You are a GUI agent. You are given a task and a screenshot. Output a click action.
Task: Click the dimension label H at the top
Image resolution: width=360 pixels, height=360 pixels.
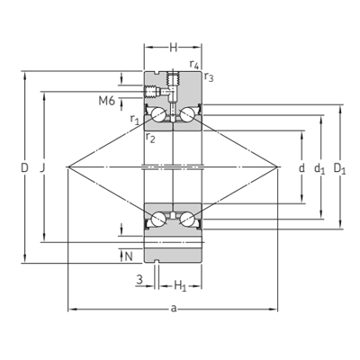(x=174, y=48)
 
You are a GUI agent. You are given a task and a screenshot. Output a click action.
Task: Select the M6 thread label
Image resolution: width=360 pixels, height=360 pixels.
(x=107, y=101)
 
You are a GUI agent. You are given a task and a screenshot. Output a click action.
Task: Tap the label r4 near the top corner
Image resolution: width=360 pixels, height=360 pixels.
(x=194, y=64)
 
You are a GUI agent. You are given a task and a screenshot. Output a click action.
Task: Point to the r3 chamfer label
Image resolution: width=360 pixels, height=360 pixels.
(x=209, y=77)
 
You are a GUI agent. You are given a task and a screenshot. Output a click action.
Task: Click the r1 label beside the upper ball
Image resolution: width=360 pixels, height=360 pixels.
(x=135, y=120)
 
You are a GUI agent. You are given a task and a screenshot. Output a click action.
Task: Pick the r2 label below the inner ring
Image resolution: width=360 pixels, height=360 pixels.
(x=150, y=138)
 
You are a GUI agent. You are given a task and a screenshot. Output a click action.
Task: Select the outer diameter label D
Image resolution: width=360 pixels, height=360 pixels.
(x=24, y=167)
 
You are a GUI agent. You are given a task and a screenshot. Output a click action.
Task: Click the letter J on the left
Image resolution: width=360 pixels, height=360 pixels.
(x=42, y=167)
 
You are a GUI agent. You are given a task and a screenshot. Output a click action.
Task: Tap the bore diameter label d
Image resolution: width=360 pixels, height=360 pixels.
(x=301, y=167)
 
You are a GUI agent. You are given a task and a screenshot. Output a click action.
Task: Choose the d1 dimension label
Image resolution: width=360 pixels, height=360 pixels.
(x=319, y=168)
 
